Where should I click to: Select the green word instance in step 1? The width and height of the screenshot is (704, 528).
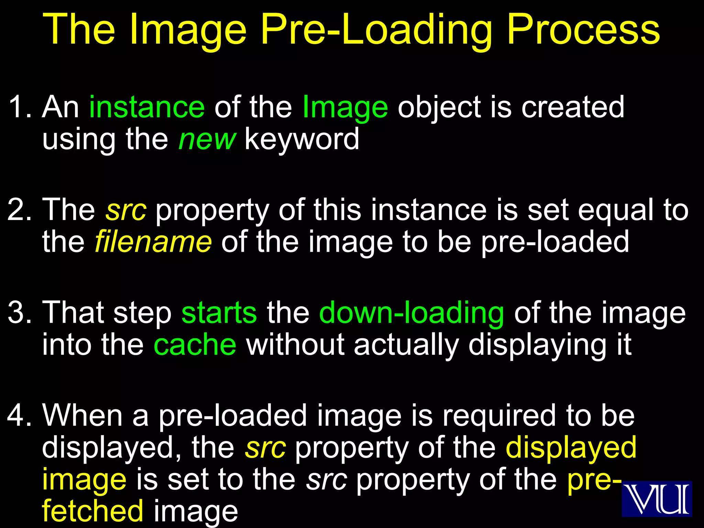pos(147,107)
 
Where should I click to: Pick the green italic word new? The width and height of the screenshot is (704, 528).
pos(207,139)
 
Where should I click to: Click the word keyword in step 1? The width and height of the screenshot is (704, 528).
pos(302,140)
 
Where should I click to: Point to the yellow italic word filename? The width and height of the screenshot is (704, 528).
pos(153,242)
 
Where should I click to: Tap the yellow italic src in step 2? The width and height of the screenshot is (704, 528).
pos(126,210)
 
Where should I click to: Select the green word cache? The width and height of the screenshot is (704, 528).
pos(195,344)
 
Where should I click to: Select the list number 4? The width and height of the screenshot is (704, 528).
pos(19,415)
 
